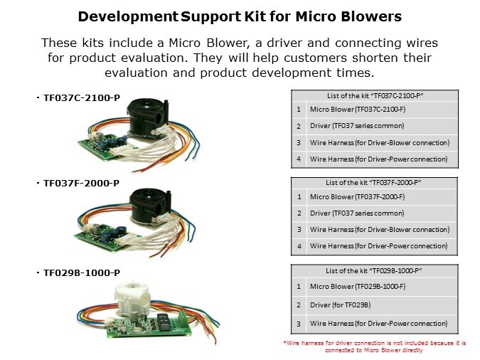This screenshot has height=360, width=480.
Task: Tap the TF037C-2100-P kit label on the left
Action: tap(82, 98)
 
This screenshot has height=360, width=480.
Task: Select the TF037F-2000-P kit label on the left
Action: tap(82, 184)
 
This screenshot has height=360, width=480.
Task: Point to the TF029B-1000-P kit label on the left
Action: tap(82, 272)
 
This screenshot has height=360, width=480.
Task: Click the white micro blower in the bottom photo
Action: tap(132, 299)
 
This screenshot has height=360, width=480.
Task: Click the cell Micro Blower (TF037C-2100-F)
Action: tap(358, 110)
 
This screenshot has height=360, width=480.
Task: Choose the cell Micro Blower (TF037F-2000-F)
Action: tap(357, 196)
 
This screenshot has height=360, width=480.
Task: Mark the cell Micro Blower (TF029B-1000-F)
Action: tap(358, 287)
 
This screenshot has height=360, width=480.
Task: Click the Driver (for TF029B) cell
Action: tap(340, 305)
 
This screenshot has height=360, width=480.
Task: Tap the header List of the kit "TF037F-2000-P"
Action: tap(373, 183)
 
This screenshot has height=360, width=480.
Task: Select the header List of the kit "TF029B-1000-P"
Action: tap(374, 271)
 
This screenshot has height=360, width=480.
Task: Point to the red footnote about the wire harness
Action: tap(374, 346)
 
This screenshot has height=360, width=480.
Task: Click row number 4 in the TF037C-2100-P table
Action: tap(299, 159)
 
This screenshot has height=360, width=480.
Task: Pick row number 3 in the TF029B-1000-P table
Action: tap(299, 324)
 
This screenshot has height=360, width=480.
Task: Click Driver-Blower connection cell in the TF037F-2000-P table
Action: tap(380, 230)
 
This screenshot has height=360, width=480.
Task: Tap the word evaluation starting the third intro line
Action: tap(136, 73)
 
